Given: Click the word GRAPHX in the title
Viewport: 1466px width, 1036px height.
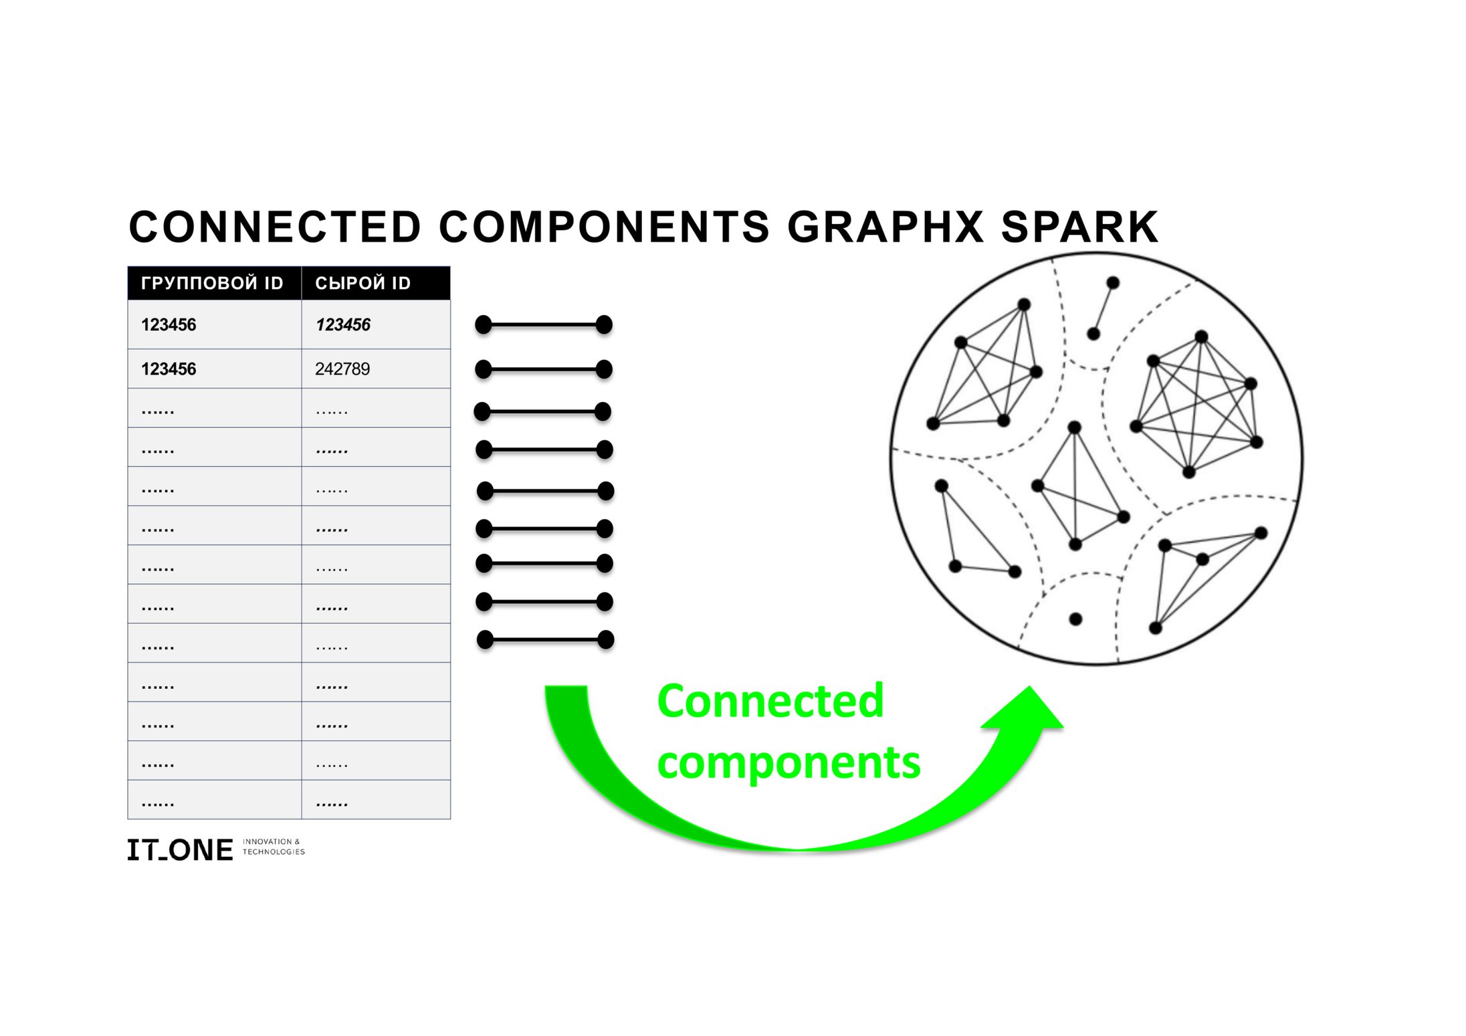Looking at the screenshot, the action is pos(885,227).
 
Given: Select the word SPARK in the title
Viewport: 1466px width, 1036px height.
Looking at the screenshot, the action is pos(1079,227).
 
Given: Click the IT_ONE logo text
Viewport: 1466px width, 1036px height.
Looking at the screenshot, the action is pos(180,849).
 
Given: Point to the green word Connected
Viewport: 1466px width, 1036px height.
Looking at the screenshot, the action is pos(770,701).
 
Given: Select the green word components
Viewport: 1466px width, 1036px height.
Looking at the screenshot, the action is pos(789,762).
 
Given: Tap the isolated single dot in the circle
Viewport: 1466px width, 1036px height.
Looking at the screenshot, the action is pos(1075,619).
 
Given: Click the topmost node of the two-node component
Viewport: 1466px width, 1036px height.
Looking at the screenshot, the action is pos(1113,283).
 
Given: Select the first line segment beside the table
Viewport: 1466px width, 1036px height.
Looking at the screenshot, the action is pos(544,325).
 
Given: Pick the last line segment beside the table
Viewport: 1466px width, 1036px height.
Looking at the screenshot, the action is pos(545,640).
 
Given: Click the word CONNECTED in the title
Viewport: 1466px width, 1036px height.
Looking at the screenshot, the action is pos(275,227).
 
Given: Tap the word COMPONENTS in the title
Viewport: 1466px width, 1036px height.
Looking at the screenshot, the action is pos(604,227).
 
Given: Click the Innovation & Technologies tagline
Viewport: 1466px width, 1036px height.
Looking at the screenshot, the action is pos(274,847).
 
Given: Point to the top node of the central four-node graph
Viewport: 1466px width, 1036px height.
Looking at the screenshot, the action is pos(1075,427).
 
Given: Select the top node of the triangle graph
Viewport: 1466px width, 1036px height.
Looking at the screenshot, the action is pos(942,486).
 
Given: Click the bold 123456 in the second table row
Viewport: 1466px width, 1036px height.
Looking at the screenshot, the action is pos(169,369).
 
